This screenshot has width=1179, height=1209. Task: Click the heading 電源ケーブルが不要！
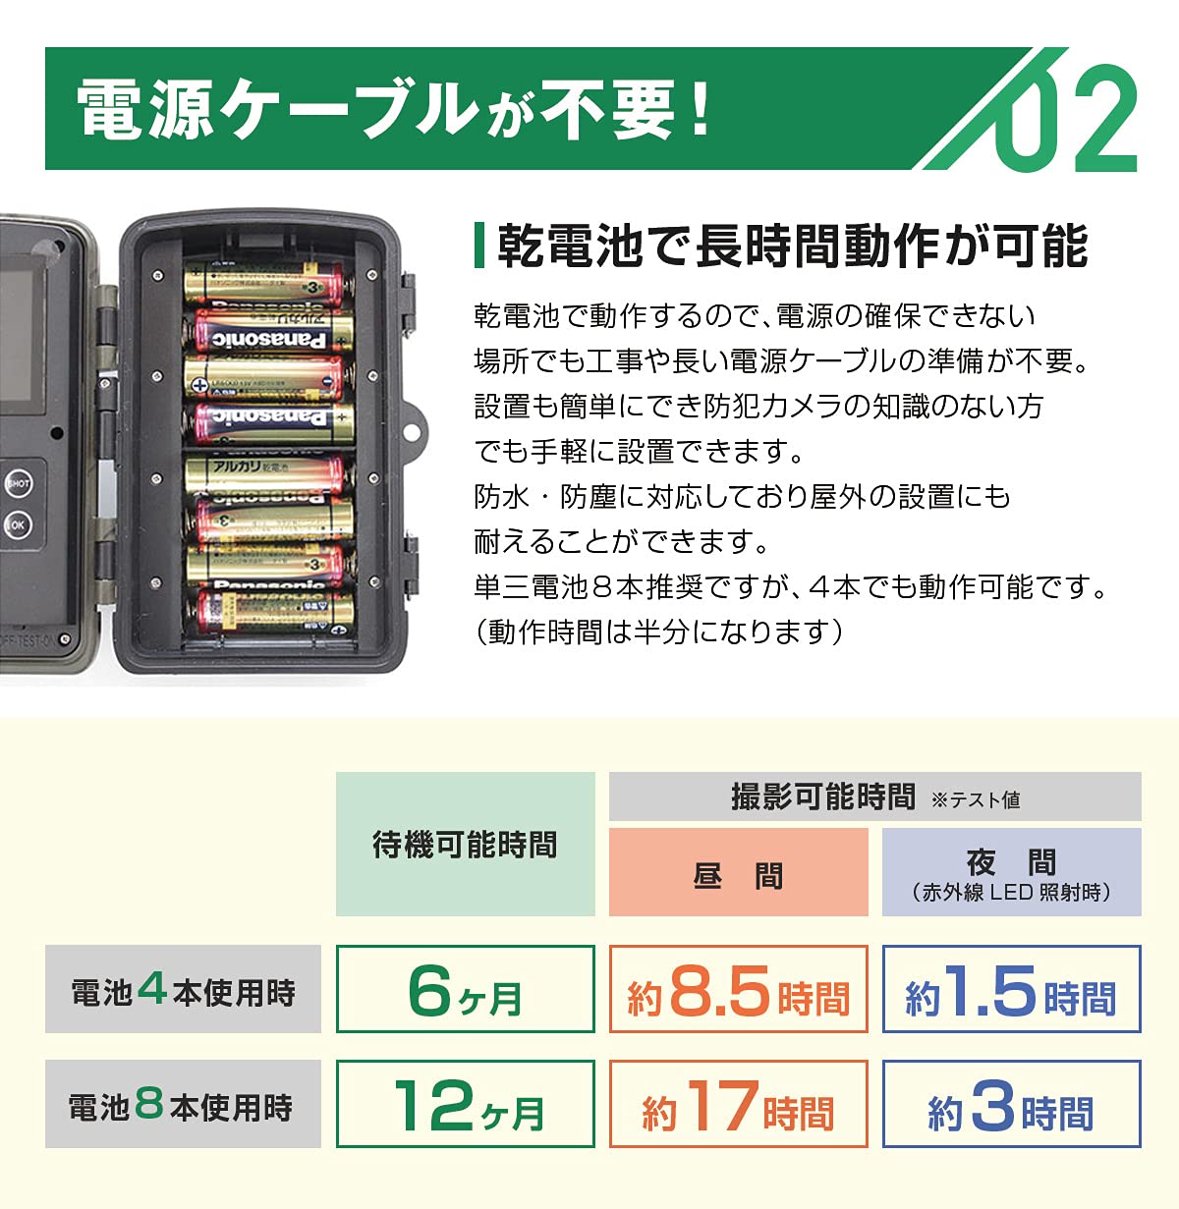click(393, 109)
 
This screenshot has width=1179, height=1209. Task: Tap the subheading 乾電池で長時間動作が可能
click(792, 246)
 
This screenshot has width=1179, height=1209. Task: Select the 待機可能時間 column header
click(465, 845)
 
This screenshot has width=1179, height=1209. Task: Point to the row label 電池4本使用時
click(183, 990)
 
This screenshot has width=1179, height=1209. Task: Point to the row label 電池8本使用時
click(183, 1105)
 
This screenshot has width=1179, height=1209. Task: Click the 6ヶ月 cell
click(465, 990)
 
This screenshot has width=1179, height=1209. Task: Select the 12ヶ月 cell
click(465, 1105)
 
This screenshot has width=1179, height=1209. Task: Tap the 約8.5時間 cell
click(738, 990)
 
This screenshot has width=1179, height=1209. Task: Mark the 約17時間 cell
click(738, 1105)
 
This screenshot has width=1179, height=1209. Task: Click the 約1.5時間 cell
click(1011, 990)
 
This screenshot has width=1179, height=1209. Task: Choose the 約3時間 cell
click(1011, 1105)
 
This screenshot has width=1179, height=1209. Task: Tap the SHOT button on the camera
click(19, 483)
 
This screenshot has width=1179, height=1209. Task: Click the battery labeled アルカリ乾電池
click(265, 472)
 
